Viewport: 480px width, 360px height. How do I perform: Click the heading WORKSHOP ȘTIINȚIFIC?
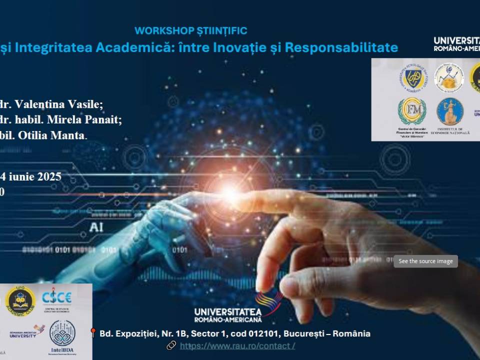pos(191,31)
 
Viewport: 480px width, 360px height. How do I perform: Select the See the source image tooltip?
pos(425,261)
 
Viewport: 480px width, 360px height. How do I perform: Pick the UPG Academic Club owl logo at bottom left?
pos(20,300)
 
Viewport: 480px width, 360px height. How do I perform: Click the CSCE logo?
pos(56,298)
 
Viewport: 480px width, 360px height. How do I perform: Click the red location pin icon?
pos(92,333)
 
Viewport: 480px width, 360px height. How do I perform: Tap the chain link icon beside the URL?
pos(171,345)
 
